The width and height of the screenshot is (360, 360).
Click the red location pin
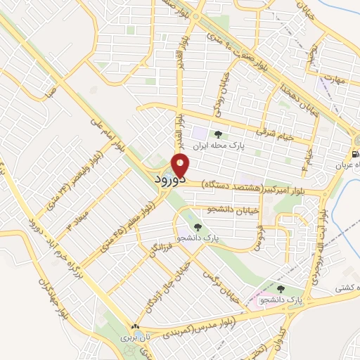pyautogui.click(x=181, y=166)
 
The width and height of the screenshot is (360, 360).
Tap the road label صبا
pyautogui.click(x=47, y=91)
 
